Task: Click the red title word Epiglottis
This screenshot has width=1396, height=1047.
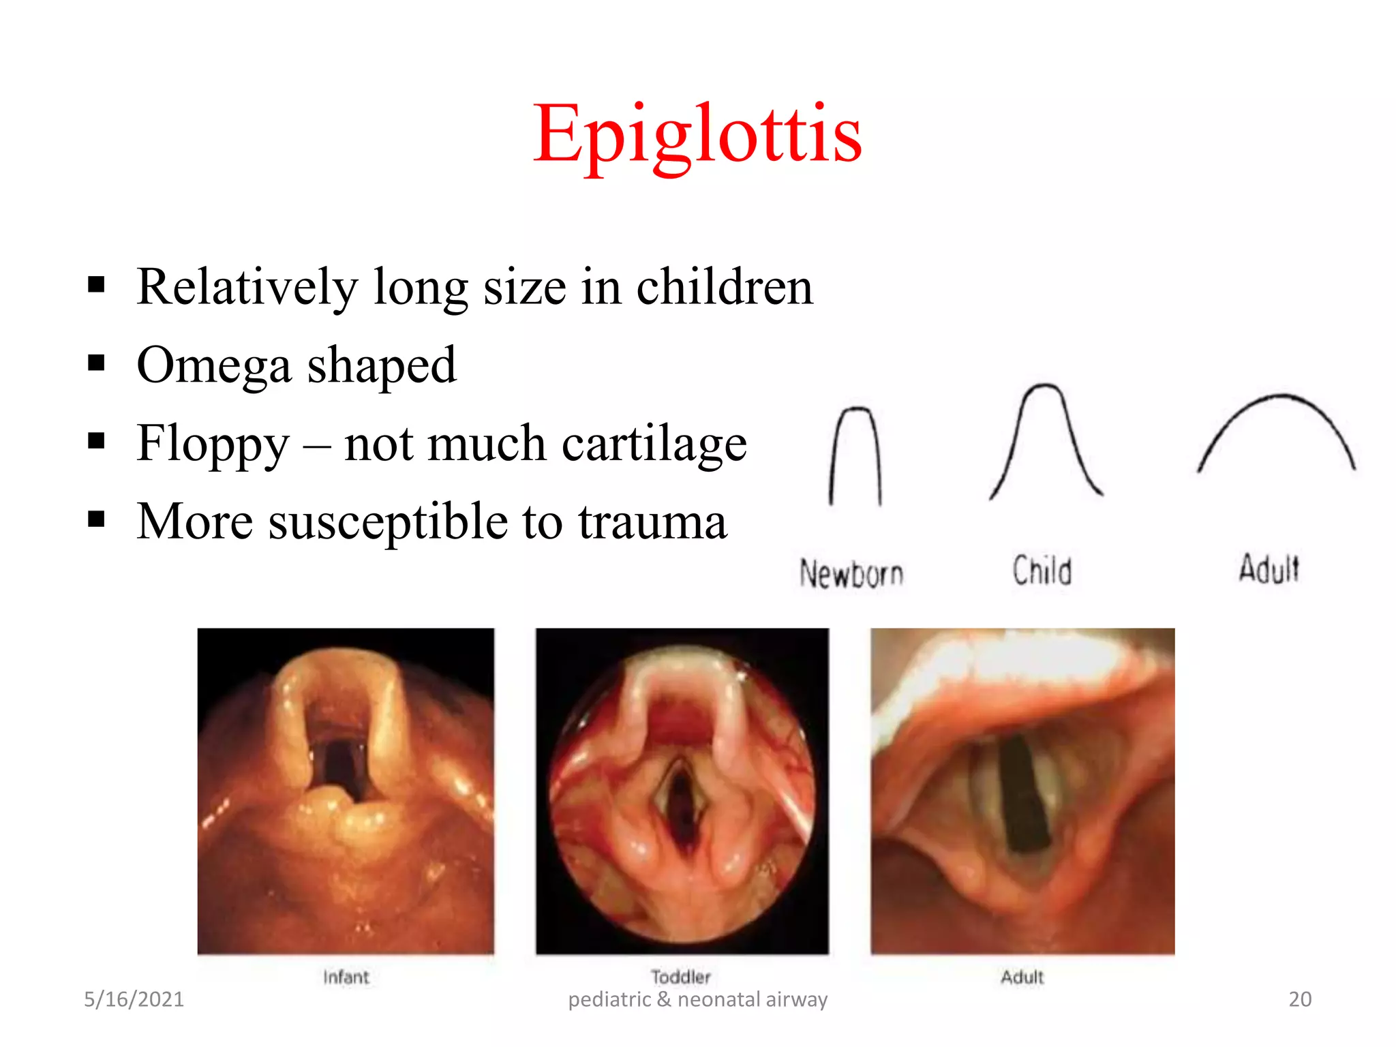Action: [697, 134]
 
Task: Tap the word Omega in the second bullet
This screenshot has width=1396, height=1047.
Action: [214, 366]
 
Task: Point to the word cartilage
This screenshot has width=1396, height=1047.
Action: [654, 444]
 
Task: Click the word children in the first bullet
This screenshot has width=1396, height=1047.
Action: [724, 288]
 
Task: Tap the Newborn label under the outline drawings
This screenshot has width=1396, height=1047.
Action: [851, 573]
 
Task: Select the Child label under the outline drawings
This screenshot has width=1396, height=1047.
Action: [1042, 571]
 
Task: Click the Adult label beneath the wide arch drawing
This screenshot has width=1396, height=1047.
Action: [1269, 569]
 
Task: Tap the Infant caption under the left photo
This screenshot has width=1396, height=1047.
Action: [346, 977]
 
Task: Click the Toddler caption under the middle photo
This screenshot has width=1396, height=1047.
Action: [680, 977]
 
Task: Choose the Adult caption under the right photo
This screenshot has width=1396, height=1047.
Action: [1022, 977]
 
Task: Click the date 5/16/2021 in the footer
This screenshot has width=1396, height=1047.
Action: [134, 999]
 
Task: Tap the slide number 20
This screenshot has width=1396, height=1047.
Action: [1300, 999]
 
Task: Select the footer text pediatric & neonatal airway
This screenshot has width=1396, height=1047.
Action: [697, 999]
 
